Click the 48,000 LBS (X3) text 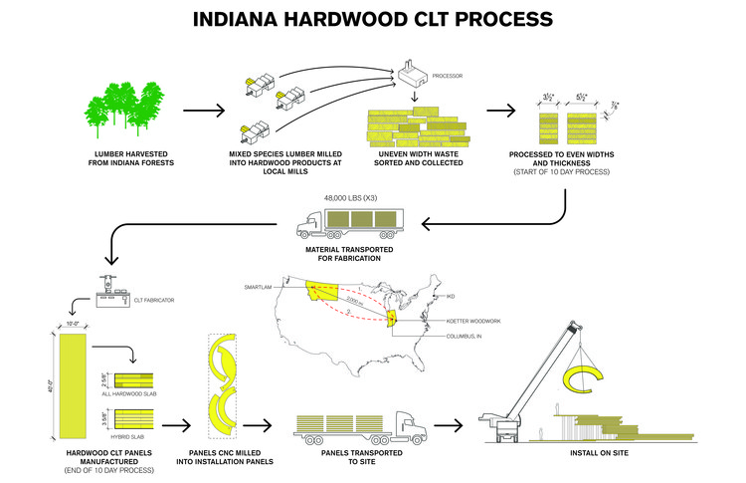(350, 195)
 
